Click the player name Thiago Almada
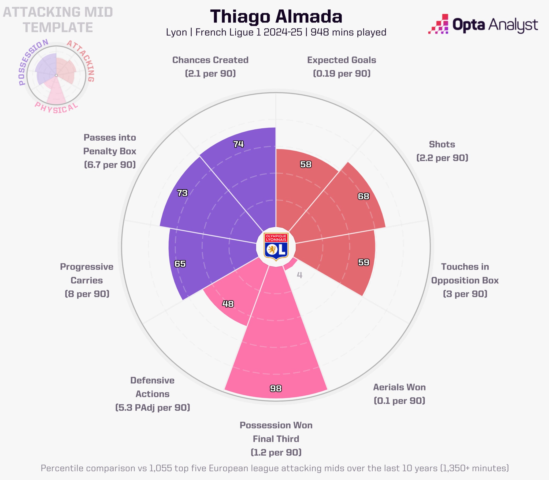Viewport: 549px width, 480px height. (276, 17)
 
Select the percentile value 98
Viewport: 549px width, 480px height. (276, 388)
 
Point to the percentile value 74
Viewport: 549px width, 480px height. (238, 144)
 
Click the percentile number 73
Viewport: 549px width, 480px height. (182, 193)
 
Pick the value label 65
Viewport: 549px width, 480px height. (180, 264)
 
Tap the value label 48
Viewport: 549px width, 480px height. (228, 304)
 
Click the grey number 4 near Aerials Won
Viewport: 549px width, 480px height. (299, 275)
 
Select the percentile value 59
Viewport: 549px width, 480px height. (364, 262)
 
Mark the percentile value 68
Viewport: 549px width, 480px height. (363, 196)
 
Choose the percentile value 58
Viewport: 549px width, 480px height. (306, 164)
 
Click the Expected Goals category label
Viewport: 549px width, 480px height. (342, 60)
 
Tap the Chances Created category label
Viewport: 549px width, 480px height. (210, 60)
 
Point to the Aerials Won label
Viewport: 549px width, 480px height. (399, 387)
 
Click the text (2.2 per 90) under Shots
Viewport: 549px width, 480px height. (442, 158)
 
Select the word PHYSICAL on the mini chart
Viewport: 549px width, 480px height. (56, 108)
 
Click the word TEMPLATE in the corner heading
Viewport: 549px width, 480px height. (58, 27)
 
